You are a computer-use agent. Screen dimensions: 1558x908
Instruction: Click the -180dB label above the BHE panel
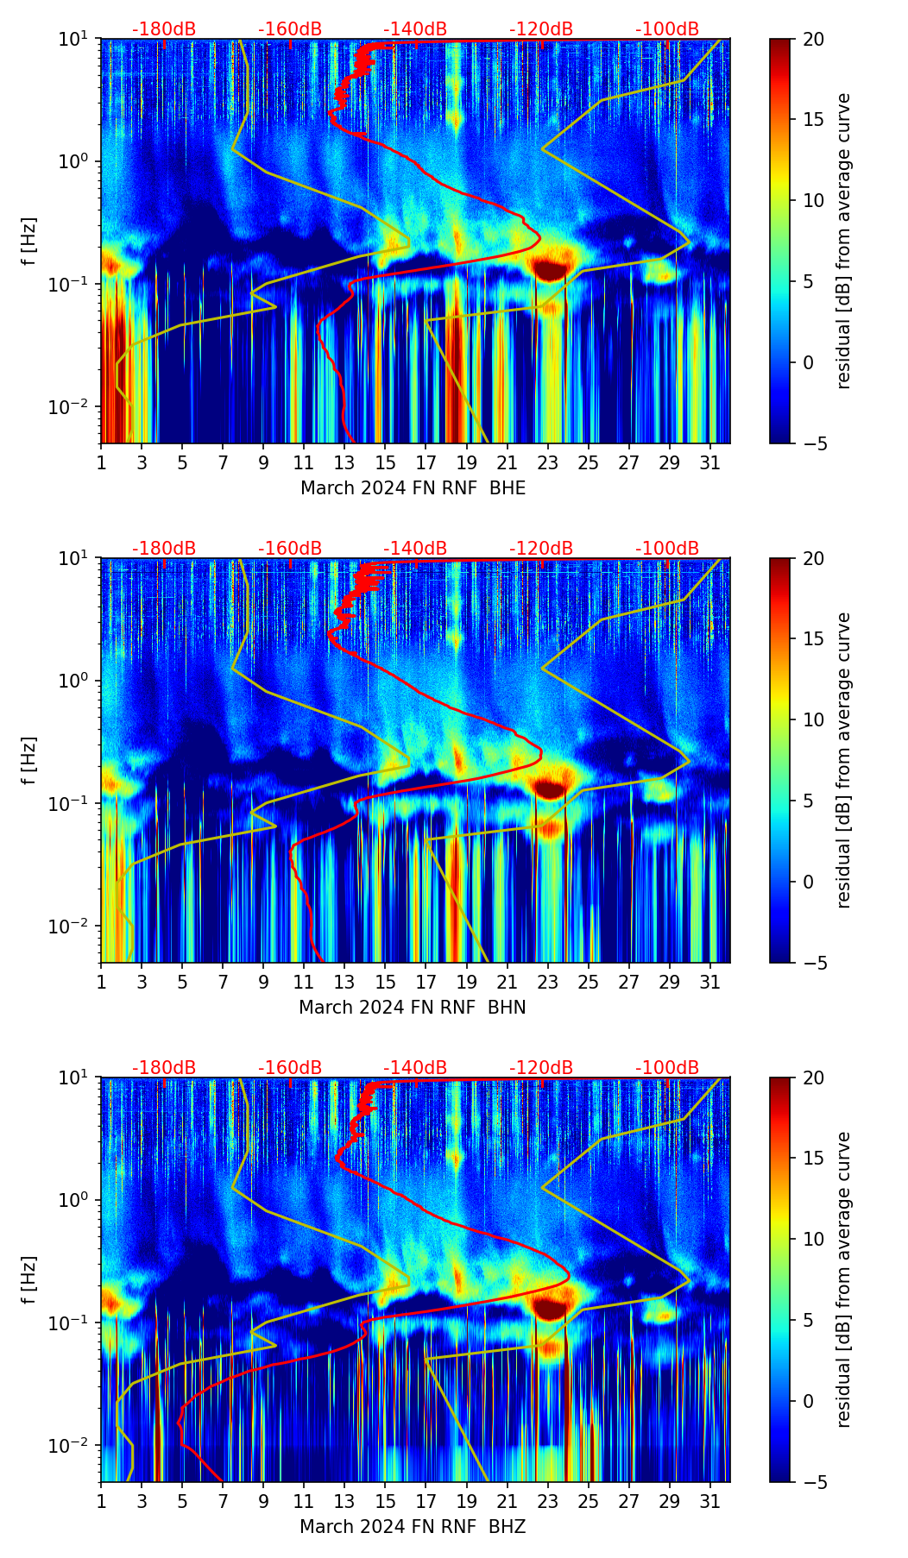164,29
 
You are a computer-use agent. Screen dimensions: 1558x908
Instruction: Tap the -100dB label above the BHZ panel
667,1068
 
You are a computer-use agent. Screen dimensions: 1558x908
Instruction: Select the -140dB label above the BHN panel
415,549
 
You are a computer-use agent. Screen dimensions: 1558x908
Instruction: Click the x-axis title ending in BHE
413,488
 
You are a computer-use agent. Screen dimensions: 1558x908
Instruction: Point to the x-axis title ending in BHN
413,1008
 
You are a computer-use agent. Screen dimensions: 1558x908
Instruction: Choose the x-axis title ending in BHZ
413,1527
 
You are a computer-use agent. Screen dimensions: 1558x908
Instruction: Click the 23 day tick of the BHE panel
548,462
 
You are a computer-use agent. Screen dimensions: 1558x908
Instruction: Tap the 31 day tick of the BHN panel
710,982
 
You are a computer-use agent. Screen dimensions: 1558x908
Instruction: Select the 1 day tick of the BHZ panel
101,1501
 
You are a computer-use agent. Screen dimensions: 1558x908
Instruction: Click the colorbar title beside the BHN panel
843,760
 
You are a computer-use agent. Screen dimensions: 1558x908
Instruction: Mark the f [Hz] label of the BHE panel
29,241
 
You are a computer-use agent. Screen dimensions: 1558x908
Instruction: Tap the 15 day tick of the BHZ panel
386,1501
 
